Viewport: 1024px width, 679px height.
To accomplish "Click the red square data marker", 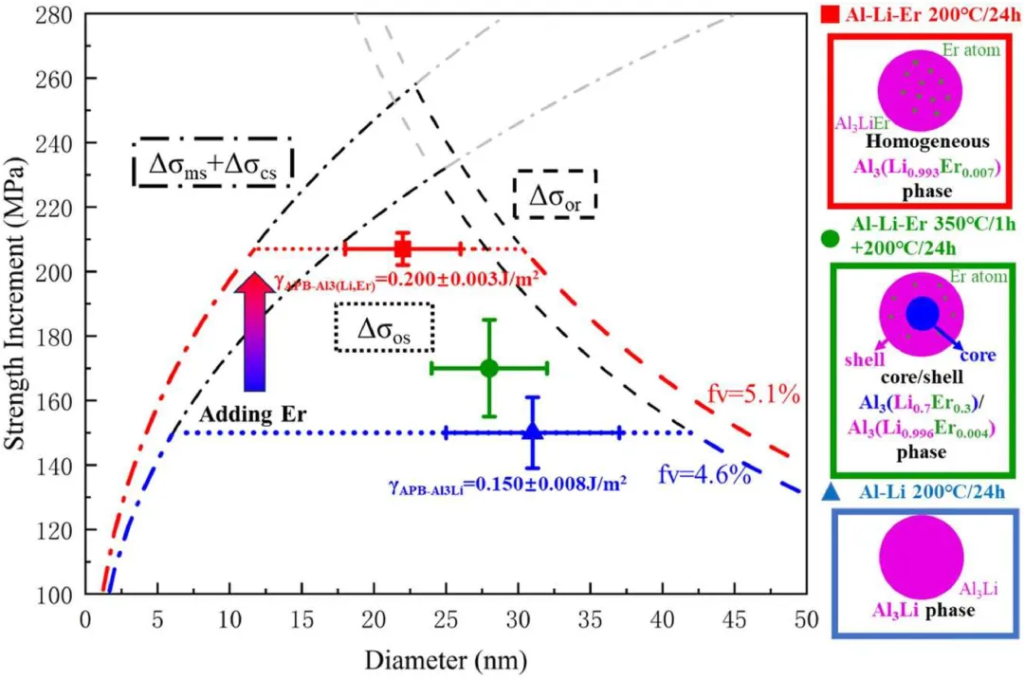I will [x=402, y=248].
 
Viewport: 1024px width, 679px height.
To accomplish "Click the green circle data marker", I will [x=489, y=368].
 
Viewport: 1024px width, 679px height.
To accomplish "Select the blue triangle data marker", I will [x=533, y=431].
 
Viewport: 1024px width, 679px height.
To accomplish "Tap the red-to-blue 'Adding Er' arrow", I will [x=253, y=331].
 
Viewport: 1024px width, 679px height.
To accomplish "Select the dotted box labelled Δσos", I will [x=385, y=328].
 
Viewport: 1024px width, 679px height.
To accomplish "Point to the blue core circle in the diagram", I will [x=922, y=314].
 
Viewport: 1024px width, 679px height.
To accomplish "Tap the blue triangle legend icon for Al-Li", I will [x=832, y=491].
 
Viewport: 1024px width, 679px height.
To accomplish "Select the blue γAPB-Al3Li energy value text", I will [x=507, y=485].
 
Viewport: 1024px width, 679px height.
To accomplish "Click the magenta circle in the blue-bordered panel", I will [x=920, y=558].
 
